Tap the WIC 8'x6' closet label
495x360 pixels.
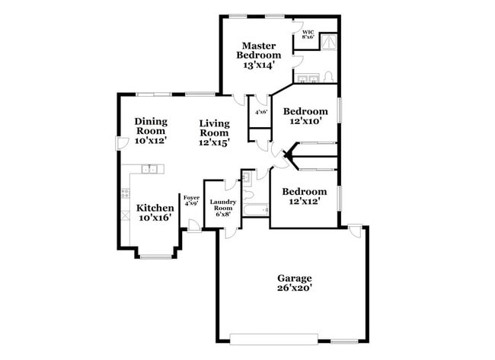click(x=308, y=35)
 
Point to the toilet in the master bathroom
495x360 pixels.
click(x=327, y=77)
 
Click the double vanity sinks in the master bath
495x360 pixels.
click(x=308, y=78)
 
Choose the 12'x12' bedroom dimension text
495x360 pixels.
click(x=303, y=202)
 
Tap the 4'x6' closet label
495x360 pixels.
click(x=261, y=113)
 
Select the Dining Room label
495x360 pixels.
click(x=150, y=130)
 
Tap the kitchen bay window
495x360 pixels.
click(x=155, y=256)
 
